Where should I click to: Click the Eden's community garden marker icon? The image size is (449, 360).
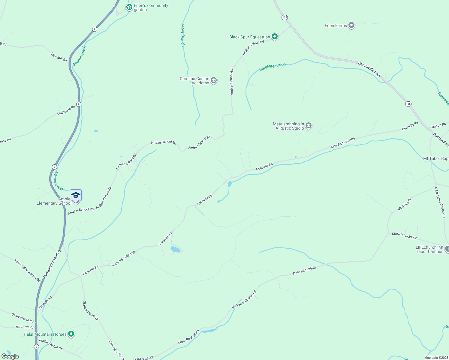(129, 7)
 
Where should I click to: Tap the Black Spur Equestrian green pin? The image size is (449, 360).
(274, 37)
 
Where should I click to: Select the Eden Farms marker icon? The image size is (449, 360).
(351, 25)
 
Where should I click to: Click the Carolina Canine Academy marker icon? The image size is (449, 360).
(214, 80)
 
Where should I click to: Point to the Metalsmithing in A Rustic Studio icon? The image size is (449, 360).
(309, 126)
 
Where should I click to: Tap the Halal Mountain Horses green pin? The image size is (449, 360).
(71, 334)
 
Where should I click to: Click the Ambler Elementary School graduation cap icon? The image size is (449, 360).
(76, 195)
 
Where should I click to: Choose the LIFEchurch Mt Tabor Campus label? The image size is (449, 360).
(429, 249)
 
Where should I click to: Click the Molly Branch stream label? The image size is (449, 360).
(183, 35)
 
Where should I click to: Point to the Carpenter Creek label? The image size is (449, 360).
(273, 67)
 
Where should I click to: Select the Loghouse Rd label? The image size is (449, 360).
(66, 110)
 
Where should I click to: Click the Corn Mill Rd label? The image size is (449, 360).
(59, 57)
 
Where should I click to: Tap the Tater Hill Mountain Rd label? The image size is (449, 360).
(27, 270)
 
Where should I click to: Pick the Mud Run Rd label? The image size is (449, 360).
(405, 204)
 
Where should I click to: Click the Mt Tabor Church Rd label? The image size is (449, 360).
(244, 299)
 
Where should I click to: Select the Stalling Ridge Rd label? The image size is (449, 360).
(51, 344)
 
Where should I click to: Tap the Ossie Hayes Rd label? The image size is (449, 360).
(23, 318)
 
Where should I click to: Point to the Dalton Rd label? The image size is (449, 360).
(438, 125)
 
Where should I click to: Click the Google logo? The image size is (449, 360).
(10, 356)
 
